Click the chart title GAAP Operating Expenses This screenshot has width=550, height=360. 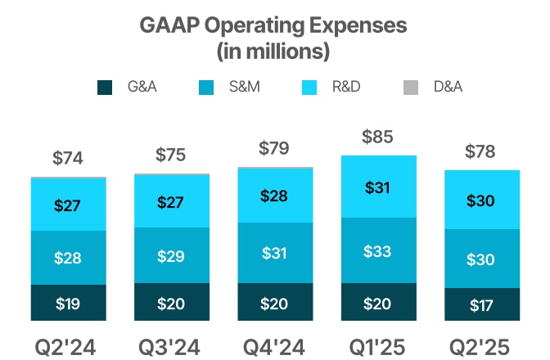click(273, 25)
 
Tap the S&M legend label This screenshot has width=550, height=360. click(245, 87)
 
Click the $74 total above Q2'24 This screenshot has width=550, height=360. click(69, 158)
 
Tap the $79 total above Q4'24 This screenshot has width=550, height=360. click(275, 149)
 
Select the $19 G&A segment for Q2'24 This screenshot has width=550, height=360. click(69, 304)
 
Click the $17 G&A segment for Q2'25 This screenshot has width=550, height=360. click(481, 304)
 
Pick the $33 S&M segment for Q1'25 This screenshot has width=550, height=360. click(378, 251)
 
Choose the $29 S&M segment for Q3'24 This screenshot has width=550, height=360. click(172, 255)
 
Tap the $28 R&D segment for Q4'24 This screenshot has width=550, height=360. click(275, 196)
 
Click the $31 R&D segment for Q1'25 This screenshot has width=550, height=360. click(378, 187)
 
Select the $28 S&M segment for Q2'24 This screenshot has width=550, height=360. click(69, 258)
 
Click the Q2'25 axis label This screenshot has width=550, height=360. click(481, 347)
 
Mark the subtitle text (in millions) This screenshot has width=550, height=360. click(273, 52)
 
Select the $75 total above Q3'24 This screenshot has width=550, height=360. click(172, 155)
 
